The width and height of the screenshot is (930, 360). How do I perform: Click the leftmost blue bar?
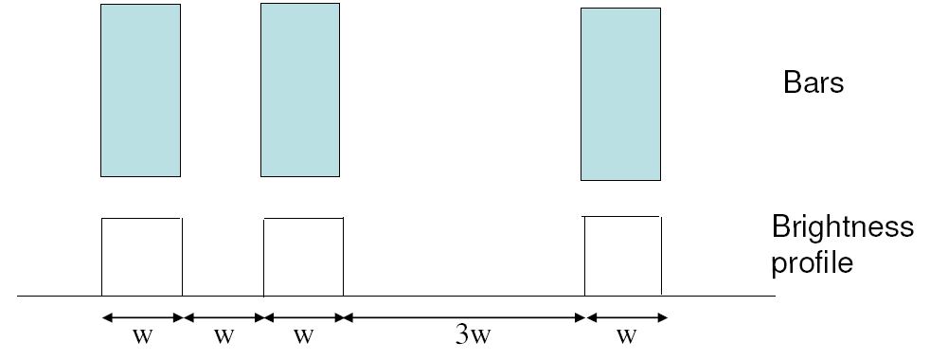[x=140, y=90]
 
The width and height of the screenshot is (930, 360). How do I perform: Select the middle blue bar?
[x=300, y=89]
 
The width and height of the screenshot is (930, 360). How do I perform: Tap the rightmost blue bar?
[x=620, y=94]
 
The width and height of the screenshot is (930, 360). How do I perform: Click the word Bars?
[x=813, y=83]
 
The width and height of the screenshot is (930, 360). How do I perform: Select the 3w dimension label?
[x=466, y=338]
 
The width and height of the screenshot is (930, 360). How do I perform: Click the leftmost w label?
[x=141, y=338]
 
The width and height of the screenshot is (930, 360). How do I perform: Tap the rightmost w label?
[x=626, y=338]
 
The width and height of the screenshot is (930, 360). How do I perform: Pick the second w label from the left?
[x=223, y=338]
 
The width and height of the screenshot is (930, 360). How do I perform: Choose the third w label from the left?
[x=303, y=338]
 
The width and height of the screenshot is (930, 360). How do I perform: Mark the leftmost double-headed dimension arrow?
[x=141, y=317]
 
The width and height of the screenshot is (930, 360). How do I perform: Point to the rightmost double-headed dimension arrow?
[x=626, y=317]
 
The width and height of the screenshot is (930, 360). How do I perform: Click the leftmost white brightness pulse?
[x=141, y=257]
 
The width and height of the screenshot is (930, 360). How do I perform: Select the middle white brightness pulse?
[x=303, y=257]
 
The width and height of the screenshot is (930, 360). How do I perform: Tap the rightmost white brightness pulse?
[x=622, y=256]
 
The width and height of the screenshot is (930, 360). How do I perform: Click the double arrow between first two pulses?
[x=223, y=317]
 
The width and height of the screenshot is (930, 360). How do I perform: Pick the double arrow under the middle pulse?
[x=303, y=317]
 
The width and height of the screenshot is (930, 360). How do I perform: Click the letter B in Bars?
[x=791, y=83]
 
